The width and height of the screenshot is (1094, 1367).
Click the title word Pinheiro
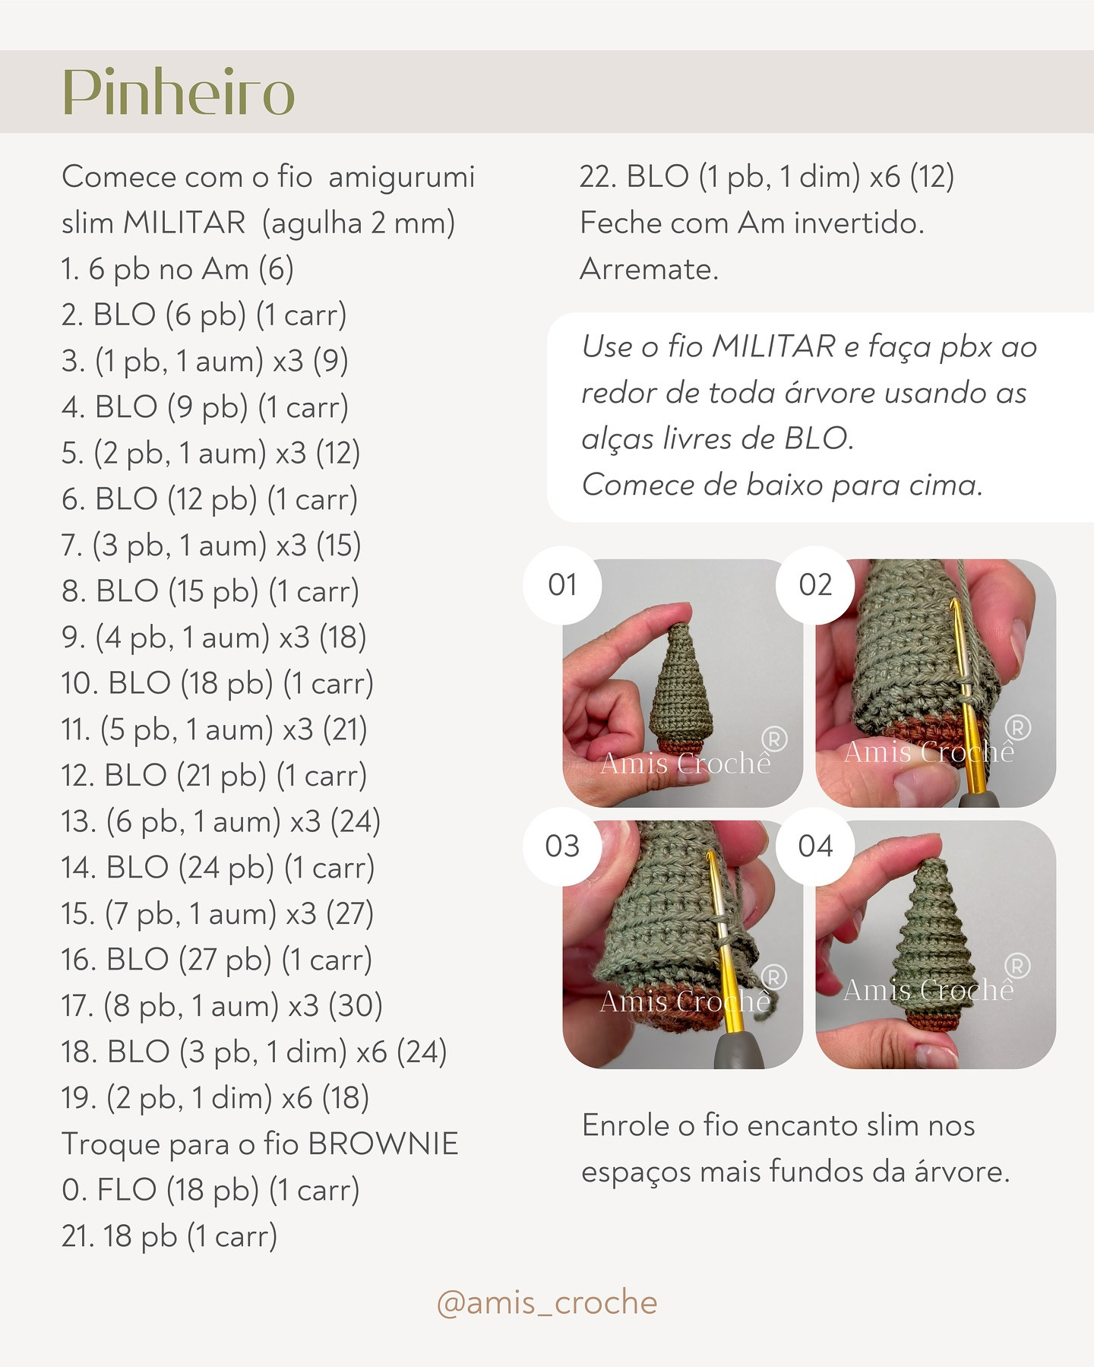(178, 93)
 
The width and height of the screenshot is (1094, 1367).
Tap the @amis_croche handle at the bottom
(546, 1302)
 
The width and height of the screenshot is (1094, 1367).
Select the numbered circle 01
(562, 585)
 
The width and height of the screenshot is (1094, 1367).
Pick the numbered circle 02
(815, 585)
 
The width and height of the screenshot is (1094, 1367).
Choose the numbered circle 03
(562, 846)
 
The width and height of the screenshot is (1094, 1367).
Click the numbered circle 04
(815, 846)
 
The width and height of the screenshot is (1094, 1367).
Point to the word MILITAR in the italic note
(773, 347)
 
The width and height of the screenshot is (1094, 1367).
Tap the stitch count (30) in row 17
(355, 1005)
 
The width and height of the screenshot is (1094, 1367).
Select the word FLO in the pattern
(126, 1190)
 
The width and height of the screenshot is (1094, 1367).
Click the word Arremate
(649, 269)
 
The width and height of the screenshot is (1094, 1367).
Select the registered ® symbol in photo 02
(1017, 728)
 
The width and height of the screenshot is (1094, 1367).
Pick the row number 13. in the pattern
(79, 821)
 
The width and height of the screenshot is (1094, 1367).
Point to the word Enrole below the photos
(628, 1125)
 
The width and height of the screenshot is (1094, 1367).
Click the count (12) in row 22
(931, 177)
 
